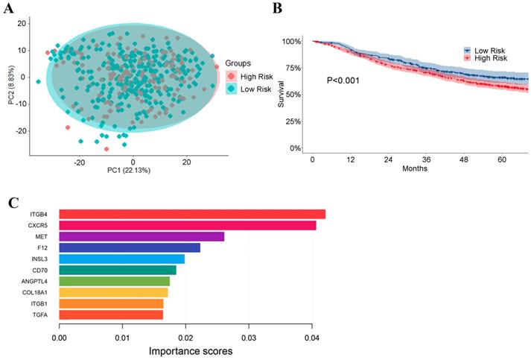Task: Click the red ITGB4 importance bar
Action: (192, 215)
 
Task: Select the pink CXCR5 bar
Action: (188, 226)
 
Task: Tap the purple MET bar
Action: (142, 237)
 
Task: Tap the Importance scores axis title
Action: (190, 350)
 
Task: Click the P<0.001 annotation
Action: (343, 79)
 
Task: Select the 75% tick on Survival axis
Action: (290, 68)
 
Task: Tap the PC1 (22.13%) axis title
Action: (133, 172)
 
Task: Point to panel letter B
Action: (279, 8)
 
